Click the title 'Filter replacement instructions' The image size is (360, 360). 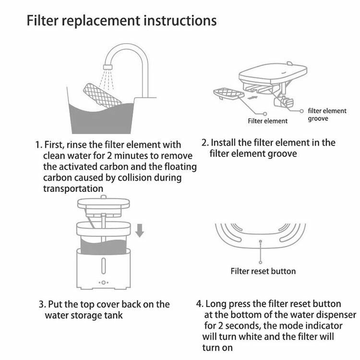(x=122, y=21)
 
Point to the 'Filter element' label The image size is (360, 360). (x=268, y=121)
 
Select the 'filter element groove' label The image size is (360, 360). (x=327, y=115)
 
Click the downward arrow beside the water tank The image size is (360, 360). (x=140, y=230)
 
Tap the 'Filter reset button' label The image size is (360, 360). (x=263, y=271)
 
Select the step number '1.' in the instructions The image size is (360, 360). (x=38, y=145)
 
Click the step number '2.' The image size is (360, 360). (x=205, y=143)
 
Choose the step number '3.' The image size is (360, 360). (x=42, y=305)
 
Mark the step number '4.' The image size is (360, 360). (x=199, y=304)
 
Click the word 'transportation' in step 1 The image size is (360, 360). (x=72, y=189)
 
